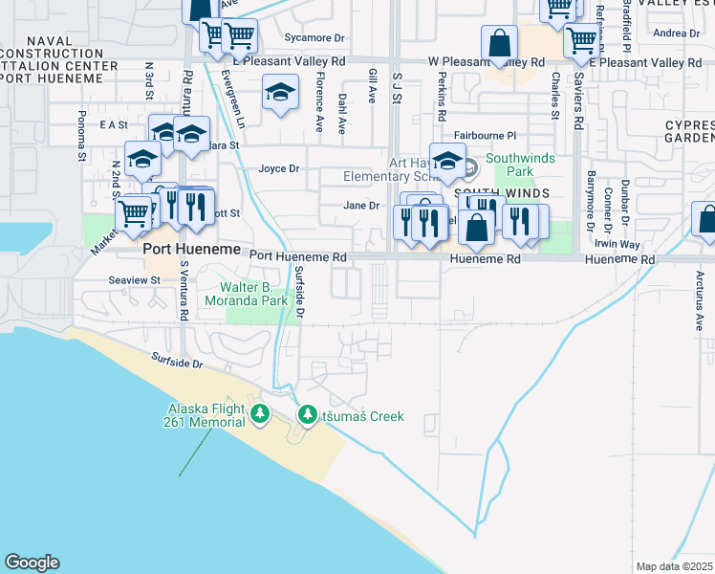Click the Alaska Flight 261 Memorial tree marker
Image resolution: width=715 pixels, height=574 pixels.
coord(260,414)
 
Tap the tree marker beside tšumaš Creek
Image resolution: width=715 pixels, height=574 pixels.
coord(308,415)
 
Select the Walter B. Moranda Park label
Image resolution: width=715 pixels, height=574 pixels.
coord(247,294)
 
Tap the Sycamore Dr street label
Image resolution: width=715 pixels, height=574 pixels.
coord(314,38)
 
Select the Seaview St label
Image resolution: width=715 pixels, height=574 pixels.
coord(134,279)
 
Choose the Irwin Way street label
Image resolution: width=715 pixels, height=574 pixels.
coord(617,245)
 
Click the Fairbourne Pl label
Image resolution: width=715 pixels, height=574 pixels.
coord(485,137)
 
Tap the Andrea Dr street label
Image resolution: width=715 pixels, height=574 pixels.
coord(676,33)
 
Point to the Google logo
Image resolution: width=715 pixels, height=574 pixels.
coord(32,563)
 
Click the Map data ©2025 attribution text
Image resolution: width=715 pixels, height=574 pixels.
coord(674,566)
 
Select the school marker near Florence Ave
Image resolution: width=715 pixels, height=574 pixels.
coord(279,94)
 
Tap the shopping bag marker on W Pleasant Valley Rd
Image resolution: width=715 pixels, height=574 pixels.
coord(499,42)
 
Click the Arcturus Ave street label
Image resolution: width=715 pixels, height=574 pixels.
coord(699,307)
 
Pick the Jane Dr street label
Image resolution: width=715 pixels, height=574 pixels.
coord(362,206)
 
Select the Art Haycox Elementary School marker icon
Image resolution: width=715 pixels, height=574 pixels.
coord(447,160)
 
